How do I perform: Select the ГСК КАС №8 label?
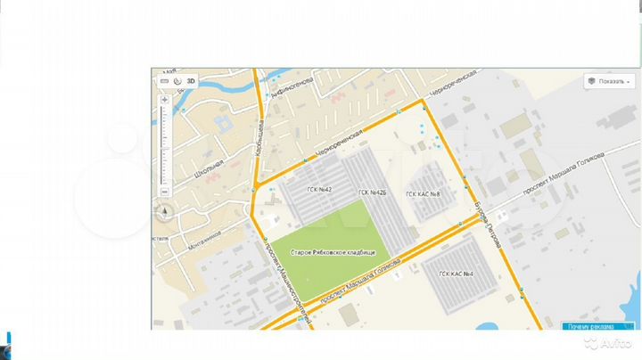point(424,193)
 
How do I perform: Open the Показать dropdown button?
point(610,81)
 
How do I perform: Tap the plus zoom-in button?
point(165,99)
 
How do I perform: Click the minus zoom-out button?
point(165,192)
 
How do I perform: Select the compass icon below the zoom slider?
point(165,212)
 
